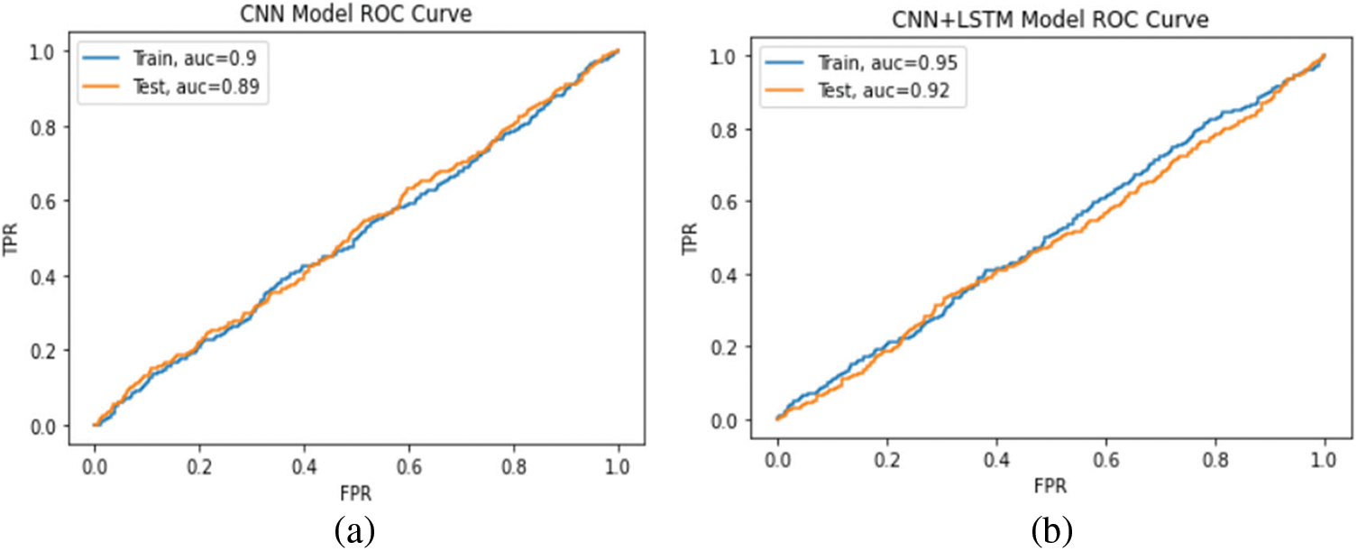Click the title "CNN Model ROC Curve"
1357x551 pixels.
(x=354, y=13)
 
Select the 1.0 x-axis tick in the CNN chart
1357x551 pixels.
(x=619, y=470)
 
